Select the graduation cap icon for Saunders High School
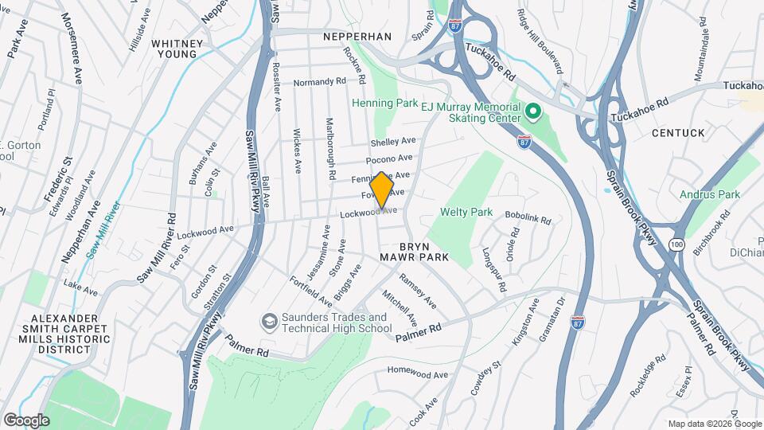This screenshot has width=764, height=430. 268,322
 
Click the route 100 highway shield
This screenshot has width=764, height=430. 677,242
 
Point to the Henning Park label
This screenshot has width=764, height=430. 385,104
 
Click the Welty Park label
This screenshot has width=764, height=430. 466,213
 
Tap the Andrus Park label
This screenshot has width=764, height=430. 710,193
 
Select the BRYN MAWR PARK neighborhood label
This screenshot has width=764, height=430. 413,251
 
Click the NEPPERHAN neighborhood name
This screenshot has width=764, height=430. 358,37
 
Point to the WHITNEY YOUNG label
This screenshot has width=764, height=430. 173,48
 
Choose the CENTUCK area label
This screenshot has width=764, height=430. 679,132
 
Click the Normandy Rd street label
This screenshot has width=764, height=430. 319,82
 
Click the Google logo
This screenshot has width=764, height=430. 26,420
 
